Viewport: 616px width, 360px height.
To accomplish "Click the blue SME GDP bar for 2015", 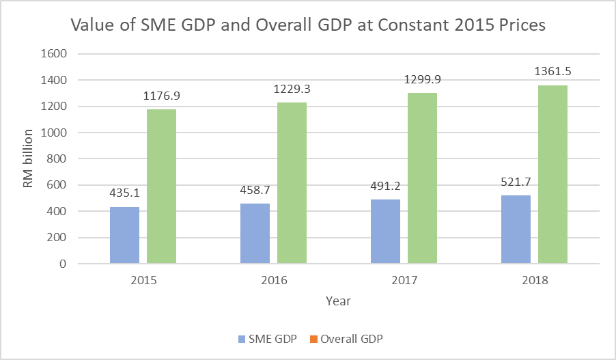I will [124, 235].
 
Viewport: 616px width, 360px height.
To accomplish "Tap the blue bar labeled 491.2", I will [385, 232].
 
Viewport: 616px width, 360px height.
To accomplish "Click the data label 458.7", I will [255, 191].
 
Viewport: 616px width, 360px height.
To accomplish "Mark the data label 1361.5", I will [552, 72].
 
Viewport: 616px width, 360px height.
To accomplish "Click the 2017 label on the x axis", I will [404, 281].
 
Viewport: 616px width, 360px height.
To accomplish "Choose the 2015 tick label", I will [143, 281].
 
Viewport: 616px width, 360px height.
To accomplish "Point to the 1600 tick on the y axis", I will [55, 54].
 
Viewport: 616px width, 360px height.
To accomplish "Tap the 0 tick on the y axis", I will [64, 264].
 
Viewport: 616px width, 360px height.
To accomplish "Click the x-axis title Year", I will [338, 300].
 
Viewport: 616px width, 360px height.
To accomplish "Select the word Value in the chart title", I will [94, 27].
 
